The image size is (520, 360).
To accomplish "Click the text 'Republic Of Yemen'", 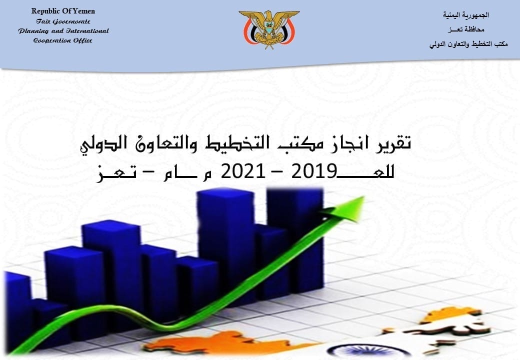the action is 63,11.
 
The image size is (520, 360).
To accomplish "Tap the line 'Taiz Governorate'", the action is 63,21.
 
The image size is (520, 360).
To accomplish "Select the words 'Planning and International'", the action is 63,31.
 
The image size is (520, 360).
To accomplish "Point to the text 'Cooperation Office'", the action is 63,41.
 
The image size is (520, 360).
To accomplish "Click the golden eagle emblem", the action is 269,29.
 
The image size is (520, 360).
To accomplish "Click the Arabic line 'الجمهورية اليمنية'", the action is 465,15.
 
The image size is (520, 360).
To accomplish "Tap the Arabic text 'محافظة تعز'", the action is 465,29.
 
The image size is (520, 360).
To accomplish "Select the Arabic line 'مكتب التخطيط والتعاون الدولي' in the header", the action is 468,44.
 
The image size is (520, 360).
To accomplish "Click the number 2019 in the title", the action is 313,172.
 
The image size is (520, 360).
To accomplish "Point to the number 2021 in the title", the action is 243,172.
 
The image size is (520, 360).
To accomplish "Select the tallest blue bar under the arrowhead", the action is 294,238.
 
